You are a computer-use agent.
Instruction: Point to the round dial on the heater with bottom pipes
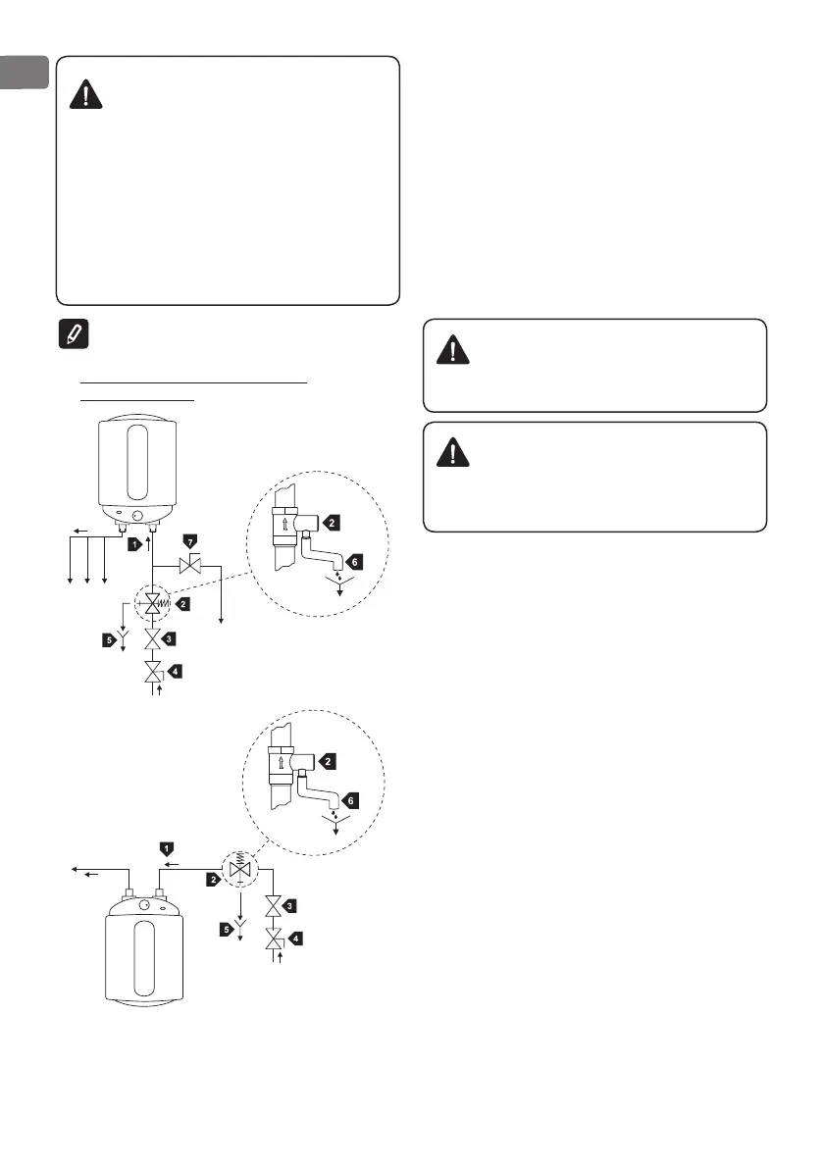[x=136, y=513]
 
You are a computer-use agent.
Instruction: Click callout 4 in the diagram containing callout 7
[x=174, y=672]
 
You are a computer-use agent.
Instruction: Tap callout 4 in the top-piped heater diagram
[x=296, y=938]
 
